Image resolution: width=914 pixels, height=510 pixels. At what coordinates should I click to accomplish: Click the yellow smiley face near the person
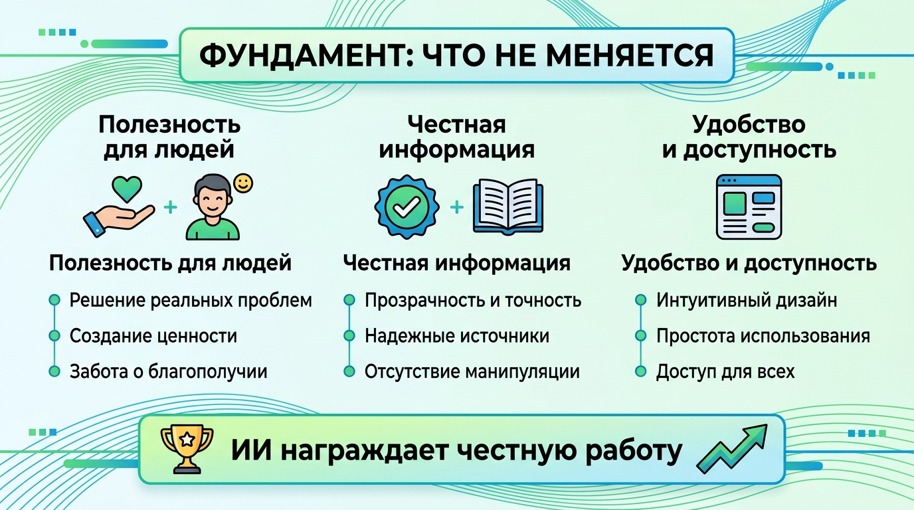[x=244, y=183]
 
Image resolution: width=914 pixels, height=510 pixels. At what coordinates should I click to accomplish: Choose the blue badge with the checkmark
[x=403, y=207]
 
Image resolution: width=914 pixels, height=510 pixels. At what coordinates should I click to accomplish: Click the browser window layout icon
[x=749, y=207]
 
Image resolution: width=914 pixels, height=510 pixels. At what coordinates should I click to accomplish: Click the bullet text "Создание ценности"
[x=153, y=336]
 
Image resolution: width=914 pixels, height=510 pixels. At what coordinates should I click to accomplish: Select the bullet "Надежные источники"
[x=456, y=336]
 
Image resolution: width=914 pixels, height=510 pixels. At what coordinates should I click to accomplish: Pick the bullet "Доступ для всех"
[x=725, y=371]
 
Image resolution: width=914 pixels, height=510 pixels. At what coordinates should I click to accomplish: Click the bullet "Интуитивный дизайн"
[x=746, y=300]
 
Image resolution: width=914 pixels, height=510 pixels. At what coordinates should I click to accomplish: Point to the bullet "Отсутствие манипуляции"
[x=472, y=371]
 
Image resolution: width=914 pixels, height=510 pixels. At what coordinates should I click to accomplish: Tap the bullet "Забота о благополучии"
[x=168, y=371]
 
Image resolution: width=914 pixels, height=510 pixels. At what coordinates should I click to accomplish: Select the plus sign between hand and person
[x=171, y=208]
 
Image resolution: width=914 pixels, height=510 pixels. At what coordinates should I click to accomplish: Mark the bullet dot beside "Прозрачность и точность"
[x=349, y=301]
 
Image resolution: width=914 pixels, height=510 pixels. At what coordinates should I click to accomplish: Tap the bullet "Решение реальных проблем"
[x=190, y=300]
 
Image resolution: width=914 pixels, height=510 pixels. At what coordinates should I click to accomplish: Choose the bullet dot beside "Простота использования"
[x=640, y=336]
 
